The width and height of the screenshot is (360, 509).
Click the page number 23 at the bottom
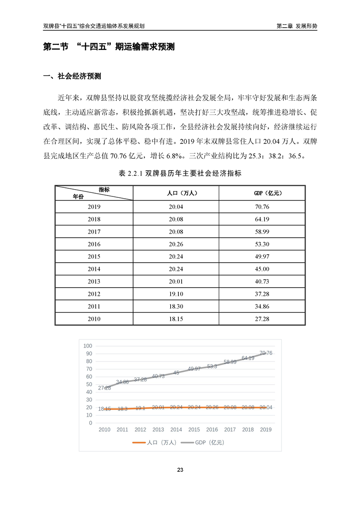180,470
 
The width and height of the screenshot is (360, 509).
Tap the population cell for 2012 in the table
176,294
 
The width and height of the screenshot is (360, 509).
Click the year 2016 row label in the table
94,244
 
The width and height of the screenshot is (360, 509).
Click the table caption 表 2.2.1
180,173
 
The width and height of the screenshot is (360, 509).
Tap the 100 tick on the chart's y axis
88,346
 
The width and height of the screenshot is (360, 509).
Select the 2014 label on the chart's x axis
176,430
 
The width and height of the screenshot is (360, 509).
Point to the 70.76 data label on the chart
266,353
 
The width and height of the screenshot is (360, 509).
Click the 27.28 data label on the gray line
104,388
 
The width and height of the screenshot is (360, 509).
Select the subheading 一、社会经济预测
72,76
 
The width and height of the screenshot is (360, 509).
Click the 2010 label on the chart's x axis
104,430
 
